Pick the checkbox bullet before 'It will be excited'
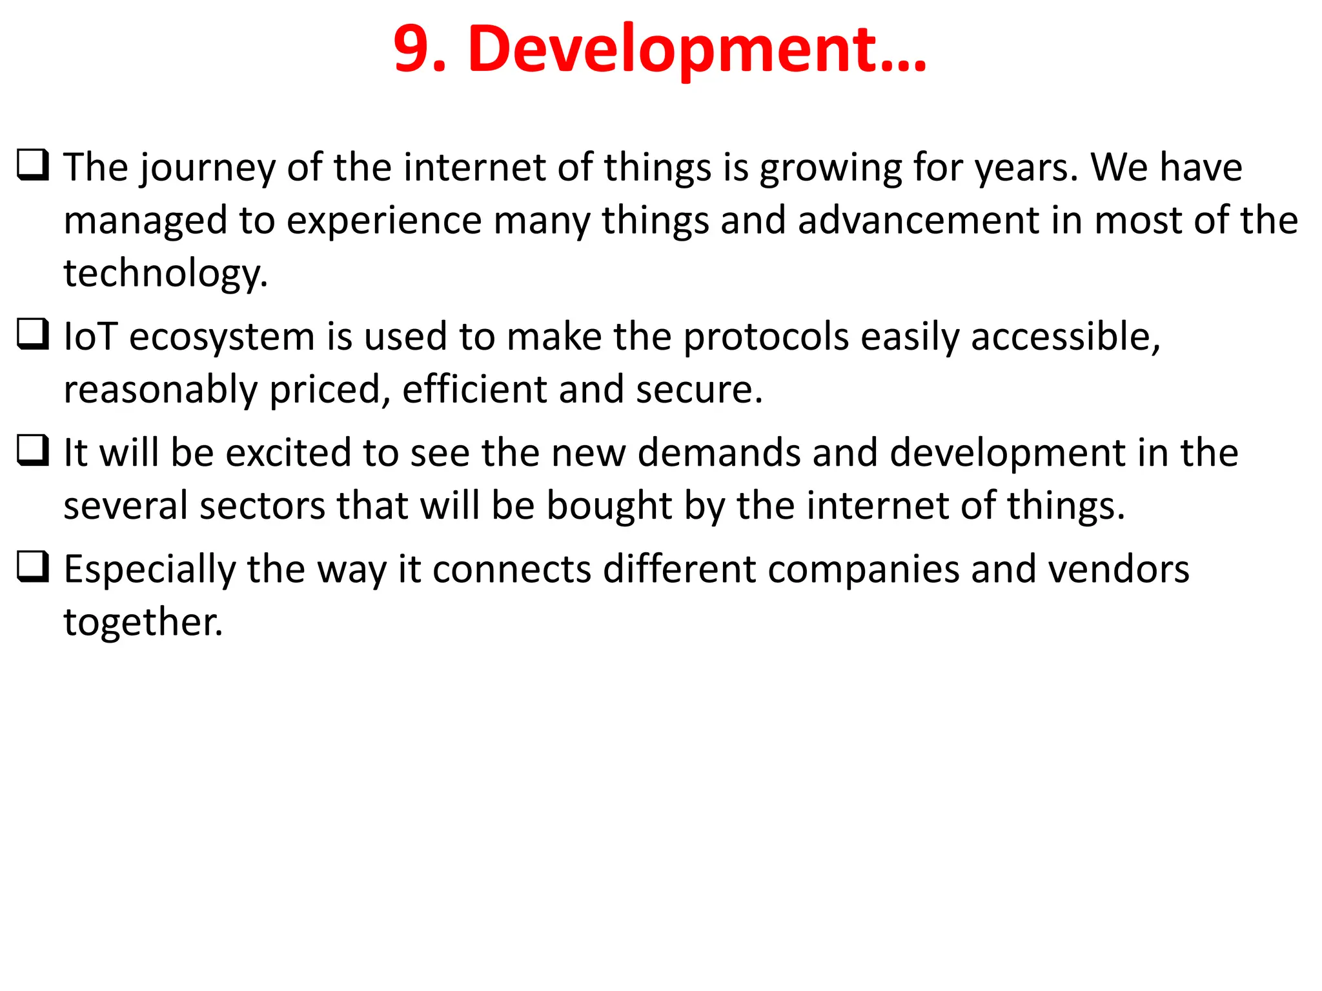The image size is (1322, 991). click(32, 450)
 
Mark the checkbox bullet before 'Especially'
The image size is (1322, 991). click(32, 566)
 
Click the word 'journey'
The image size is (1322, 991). click(207, 169)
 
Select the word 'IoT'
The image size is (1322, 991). click(90, 337)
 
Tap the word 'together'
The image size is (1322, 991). click(142, 623)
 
